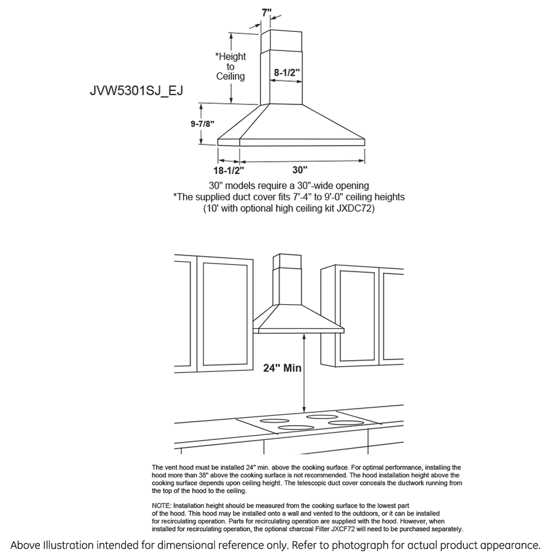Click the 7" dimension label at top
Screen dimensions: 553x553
265,12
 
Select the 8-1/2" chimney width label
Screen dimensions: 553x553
286,72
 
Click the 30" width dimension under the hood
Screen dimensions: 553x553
300,170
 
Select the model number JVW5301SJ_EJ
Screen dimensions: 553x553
136,91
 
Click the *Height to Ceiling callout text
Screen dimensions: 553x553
230,66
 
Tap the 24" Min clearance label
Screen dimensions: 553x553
282,368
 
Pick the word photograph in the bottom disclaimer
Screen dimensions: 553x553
343,545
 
